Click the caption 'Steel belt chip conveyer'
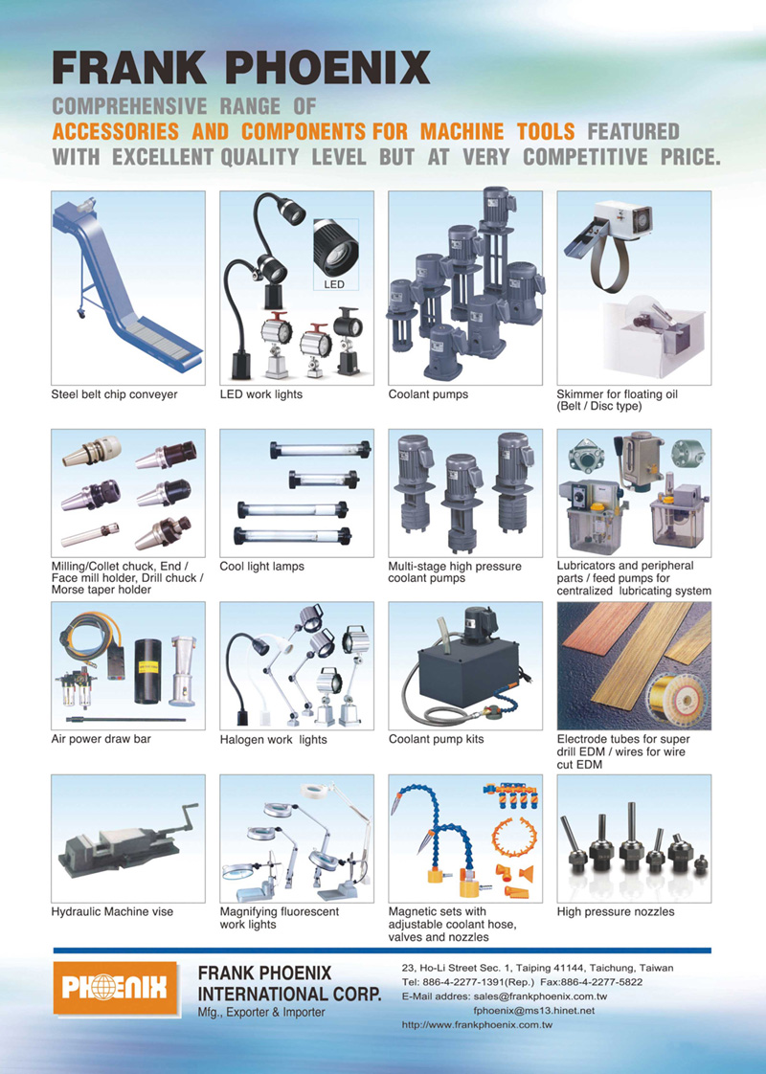(114, 394)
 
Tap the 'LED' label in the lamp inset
(333, 284)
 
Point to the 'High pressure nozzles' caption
(616, 911)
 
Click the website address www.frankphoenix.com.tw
(477, 1025)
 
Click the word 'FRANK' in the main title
(129, 69)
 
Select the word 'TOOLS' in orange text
(546, 131)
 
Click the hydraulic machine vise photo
(128, 839)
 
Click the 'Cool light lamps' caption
(261, 567)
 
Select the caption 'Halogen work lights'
(274, 740)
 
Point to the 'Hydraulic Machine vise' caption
(112, 911)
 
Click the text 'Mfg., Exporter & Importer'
(261, 1013)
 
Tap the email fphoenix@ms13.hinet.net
(533, 1011)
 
